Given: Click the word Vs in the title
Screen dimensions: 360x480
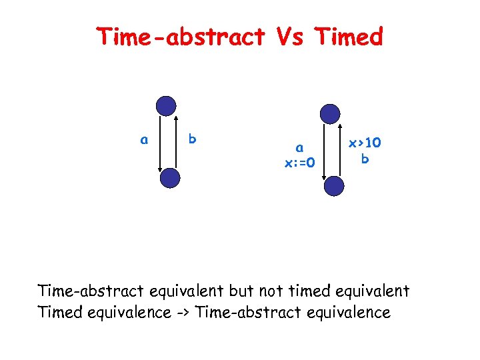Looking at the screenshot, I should (x=290, y=37).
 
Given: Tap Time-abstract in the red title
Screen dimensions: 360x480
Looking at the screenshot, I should (x=181, y=37).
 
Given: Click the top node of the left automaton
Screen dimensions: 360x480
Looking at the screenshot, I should (x=165, y=106).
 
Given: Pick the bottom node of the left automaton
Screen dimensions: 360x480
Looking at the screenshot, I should (x=171, y=178).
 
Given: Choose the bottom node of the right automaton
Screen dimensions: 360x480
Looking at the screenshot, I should (x=335, y=186).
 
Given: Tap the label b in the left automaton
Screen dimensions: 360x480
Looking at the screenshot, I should (x=192, y=139).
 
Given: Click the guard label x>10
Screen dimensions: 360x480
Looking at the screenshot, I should (x=365, y=143).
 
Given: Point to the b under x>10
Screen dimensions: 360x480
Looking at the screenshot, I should (x=365, y=159).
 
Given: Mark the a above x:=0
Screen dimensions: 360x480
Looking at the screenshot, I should (x=300, y=148).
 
